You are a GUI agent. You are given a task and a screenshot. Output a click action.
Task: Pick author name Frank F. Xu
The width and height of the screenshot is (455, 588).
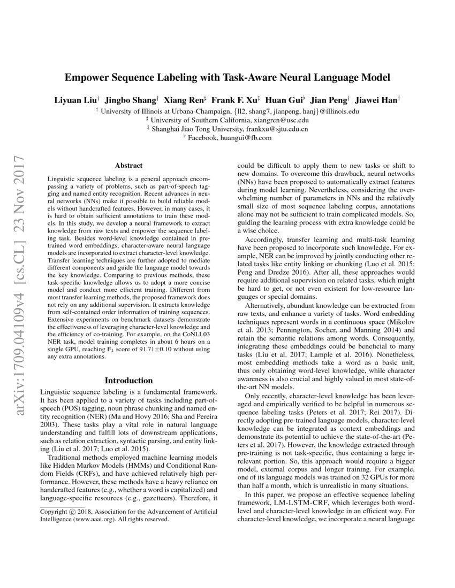pyautogui.click(x=234, y=100)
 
